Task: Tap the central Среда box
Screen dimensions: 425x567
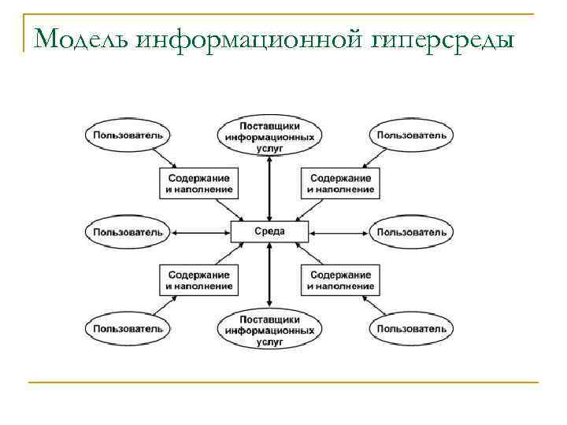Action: (269, 232)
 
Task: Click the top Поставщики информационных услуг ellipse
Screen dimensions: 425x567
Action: (269, 136)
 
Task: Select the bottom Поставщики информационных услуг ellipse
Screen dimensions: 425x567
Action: (269, 330)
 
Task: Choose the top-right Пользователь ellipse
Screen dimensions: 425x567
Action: (411, 135)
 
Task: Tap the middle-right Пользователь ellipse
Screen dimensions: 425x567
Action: (411, 232)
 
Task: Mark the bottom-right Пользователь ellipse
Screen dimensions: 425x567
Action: (411, 328)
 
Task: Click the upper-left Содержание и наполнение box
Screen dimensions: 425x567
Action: (199, 183)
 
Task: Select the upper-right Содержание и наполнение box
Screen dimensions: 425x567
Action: (340, 183)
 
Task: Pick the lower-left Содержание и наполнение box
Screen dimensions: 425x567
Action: (199, 280)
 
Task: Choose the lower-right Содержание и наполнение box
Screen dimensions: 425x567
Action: (340, 280)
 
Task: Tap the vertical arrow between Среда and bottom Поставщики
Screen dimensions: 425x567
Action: (269, 275)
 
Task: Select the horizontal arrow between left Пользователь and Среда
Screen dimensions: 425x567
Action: (200, 232)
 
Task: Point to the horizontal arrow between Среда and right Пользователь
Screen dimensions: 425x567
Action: (339, 232)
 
